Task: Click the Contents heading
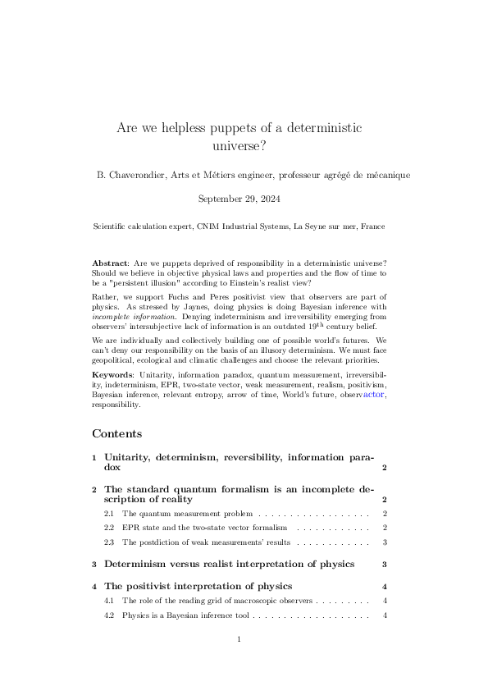(117, 433)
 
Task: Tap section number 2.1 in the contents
(109, 513)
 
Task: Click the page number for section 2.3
(385, 542)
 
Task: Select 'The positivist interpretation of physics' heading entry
(198, 586)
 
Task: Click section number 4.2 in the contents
(109, 615)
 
